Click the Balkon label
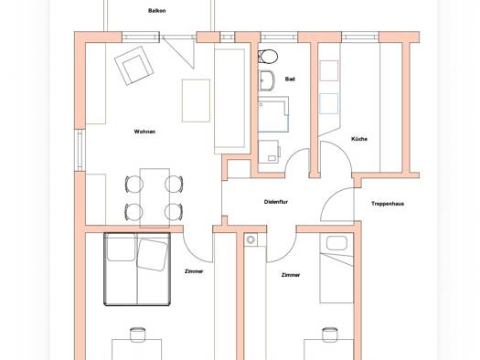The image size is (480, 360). (x=156, y=11)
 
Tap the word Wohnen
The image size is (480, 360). (x=144, y=132)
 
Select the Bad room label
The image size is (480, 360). (x=290, y=79)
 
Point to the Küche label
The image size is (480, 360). (x=359, y=139)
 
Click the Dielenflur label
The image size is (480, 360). (x=276, y=202)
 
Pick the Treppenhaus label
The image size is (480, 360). (x=388, y=204)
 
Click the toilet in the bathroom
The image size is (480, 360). (x=268, y=57)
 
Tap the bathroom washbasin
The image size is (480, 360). (x=267, y=80)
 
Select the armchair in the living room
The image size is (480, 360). (x=133, y=66)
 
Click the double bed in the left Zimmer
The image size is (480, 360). (x=137, y=270)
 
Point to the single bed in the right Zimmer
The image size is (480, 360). (x=336, y=268)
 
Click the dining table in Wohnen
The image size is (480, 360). (x=155, y=198)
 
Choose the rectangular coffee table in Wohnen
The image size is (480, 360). (x=196, y=101)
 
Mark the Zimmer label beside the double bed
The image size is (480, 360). (x=194, y=271)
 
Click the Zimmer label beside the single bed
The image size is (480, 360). (x=291, y=275)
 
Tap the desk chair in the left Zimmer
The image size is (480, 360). (x=137, y=334)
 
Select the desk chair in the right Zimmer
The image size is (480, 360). (x=330, y=334)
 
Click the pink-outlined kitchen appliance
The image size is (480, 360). (x=329, y=70)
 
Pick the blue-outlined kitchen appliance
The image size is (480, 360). (x=329, y=103)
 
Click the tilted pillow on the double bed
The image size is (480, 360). (x=152, y=255)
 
